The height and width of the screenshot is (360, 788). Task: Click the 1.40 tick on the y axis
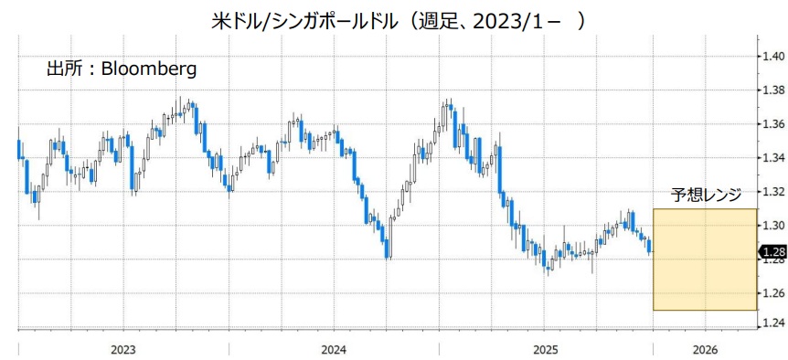(773, 57)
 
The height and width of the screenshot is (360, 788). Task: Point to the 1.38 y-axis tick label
(773, 90)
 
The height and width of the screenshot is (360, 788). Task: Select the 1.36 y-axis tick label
(773, 124)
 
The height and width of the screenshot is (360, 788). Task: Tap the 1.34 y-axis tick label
(773, 158)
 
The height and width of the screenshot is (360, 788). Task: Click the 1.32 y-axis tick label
(773, 192)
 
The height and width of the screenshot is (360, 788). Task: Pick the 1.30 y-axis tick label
(773, 226)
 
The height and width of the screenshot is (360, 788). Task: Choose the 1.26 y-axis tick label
(773, 293)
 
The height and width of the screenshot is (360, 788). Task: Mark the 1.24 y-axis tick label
(773, 324)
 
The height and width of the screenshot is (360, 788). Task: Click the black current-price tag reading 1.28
(772, 252)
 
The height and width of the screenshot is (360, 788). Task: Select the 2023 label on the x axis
(123, 349)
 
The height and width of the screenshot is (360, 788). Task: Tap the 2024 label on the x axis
(334, 349)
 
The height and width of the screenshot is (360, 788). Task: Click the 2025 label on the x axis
(545, 349)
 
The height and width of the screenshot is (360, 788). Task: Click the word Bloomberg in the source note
(148, 68)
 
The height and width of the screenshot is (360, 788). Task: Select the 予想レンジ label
(706, 194)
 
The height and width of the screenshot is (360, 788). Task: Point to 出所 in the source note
(64, 68)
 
